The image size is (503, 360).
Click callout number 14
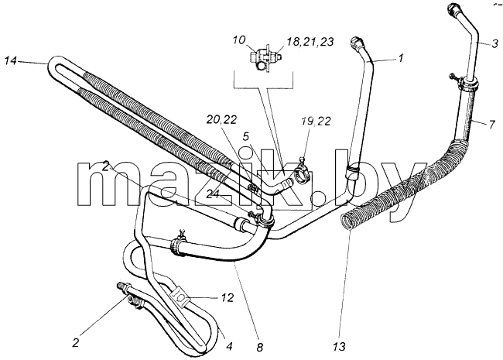pyautogui.click(x=11, y=60)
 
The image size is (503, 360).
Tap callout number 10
pyautogui.click(x=239, y=40)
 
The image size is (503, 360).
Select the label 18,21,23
pyautogui.click(x=310, y=42)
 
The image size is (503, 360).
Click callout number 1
pyautogui.click(x=399, y=58)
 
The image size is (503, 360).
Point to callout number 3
pyautogui.click(x=494, y=43)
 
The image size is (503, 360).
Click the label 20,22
pyautogui.click(x=221, y=120)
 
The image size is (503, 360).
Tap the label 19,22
pyautogui.click(x=316, y=122)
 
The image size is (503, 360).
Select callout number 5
pyautogui.click(x=245, y=137)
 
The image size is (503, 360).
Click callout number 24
pyautogui.click(x=213, y=194)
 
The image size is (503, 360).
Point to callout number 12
pyautogui.click(x=227, y=298)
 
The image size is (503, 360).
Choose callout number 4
pyautogui.click(x=229, y=346)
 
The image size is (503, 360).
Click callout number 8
pyautogui.click(x=259, y=347)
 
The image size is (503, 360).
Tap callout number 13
pyautogui.click(x=339, y=347)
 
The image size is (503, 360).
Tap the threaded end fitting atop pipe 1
pyautogui.click(x=356, y=43)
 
